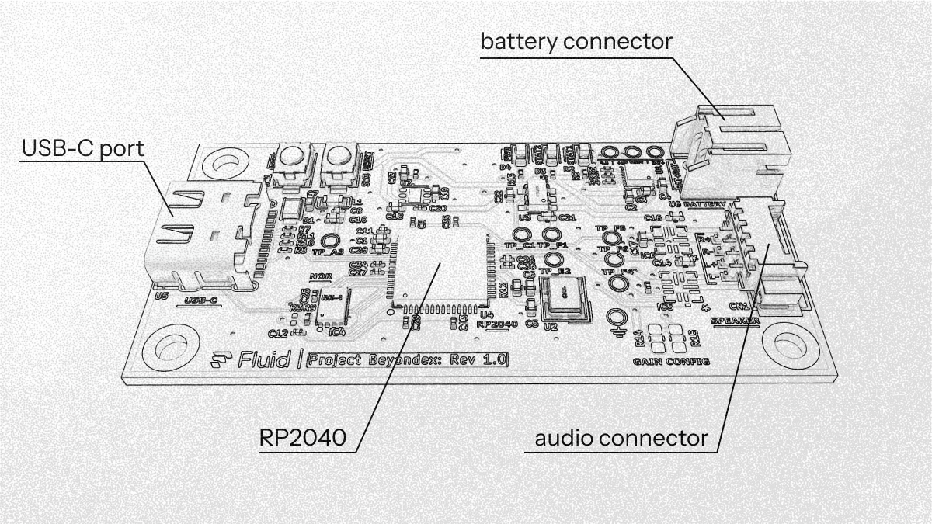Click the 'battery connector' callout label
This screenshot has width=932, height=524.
pyautogui.click(x=576, y=41)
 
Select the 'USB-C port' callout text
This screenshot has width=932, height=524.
pyautogui.click(x=82, y=147)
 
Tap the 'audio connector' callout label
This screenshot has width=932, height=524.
pyautogui.click(x=621, y=438)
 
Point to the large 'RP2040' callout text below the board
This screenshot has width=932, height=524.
pyautogui.click(x=303, y=438)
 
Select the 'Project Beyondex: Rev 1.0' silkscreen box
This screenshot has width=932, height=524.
pyautogui.click(x=408, y=359)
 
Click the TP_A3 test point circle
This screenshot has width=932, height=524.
pyautogui.click(x=329, y=241)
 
